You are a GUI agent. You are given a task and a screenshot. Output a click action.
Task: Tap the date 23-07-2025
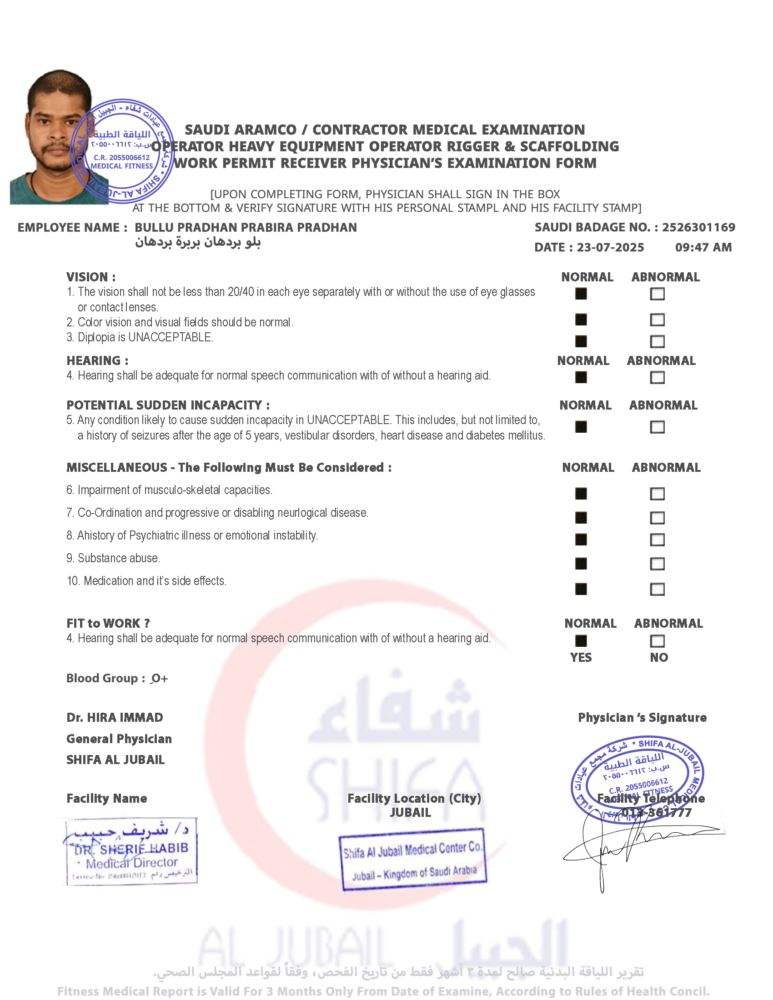click(610, 248)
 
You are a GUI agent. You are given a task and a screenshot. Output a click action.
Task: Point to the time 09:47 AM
click(703, 248)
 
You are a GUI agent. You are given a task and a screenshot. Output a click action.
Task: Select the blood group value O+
click(159, 679)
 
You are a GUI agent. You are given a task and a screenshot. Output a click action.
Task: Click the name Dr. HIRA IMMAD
click(115, 717)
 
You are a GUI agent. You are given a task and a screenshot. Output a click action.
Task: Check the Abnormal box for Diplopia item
click(657, 341)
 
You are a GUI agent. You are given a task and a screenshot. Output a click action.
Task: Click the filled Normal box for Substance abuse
click(581, 564)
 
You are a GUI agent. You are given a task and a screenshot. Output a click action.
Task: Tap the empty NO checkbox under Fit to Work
click(657, 641)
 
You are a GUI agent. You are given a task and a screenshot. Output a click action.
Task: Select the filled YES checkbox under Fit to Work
click(581, 641)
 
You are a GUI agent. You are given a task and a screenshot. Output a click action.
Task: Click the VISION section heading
click(90, 277)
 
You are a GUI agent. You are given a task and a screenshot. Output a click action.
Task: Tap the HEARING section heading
click(97, 361)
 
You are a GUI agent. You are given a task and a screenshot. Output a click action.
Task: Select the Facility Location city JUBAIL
click(410, 813)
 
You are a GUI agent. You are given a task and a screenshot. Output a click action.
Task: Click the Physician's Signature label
click(642, 717)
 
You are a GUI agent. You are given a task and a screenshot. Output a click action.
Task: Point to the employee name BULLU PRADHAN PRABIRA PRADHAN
click(246, 228)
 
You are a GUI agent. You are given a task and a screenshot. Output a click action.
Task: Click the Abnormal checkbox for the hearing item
click(657, 378)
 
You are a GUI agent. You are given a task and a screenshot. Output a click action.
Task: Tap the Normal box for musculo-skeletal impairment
click(581, 494)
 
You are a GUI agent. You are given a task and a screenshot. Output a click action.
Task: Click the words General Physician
click(119, 739)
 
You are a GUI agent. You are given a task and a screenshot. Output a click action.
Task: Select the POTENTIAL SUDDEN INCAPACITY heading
click(168, 405)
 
